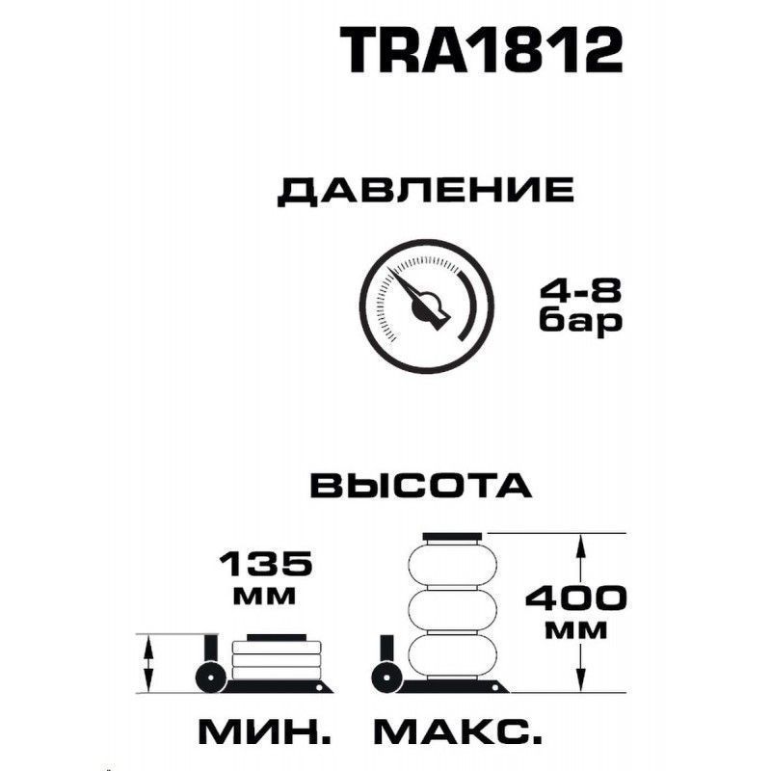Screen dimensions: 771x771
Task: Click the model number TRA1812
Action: (x=481, y=50)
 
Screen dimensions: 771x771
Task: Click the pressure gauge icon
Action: (x=426, y=306)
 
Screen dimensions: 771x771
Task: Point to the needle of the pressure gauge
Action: (x=418, y=299)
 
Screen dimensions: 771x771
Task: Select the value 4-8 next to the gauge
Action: (x=581, y=291)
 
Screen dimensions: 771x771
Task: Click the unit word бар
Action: (x=581, y=323)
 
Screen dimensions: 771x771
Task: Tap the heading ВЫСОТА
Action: (x=421, y=486)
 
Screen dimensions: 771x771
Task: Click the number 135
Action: (x=266, y=564)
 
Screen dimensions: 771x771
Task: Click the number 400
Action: (x=576, y=598)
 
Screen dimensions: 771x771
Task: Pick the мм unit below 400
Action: (x=576, y=631)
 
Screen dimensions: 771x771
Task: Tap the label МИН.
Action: (x=265, y=732)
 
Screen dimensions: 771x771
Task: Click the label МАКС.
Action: (x=458, y=732)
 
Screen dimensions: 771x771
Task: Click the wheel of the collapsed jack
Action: (x=210, y=678)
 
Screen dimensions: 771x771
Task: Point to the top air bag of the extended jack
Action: (x=452, y=565)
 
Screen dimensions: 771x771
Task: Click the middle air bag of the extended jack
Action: (x=452, y=610)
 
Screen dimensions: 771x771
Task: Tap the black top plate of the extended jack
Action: (x=452, y=537)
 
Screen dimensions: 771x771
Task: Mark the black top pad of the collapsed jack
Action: (x=277, y=638)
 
